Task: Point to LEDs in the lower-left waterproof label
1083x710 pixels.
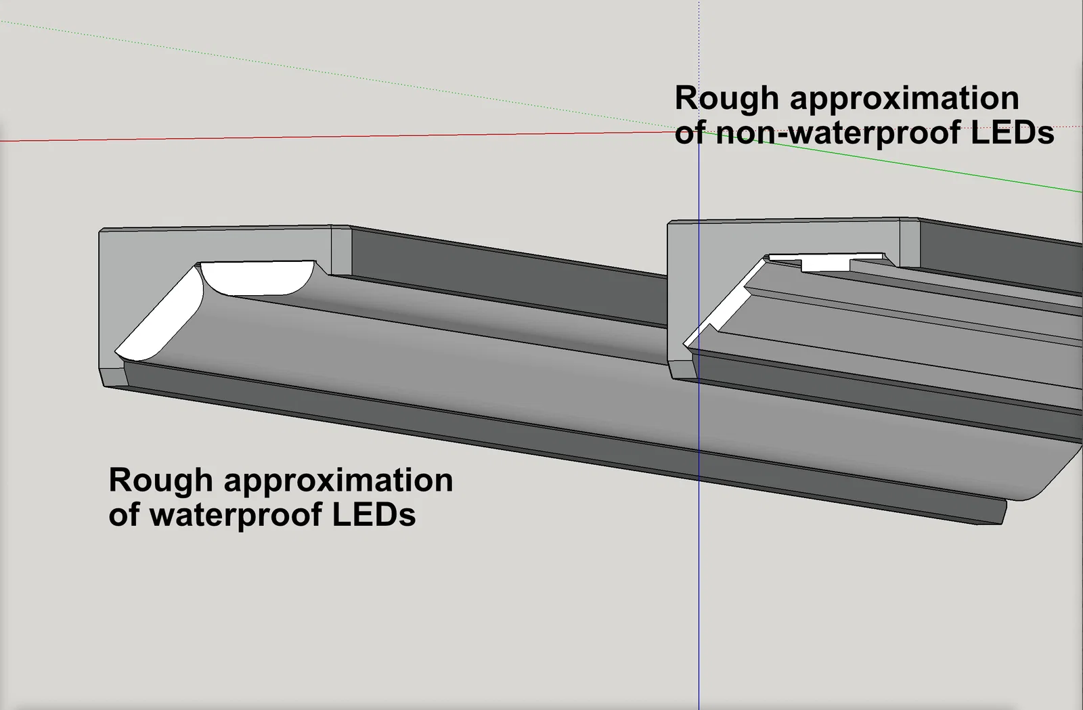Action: click(x=374, y=514)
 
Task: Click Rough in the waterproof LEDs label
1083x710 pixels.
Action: click(x=160, y=481)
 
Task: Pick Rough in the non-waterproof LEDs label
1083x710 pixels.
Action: click(x=726, y=99)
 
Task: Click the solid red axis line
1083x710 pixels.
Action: click(x=338, y=137)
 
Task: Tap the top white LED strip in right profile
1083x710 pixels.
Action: click(x=826, y=261)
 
